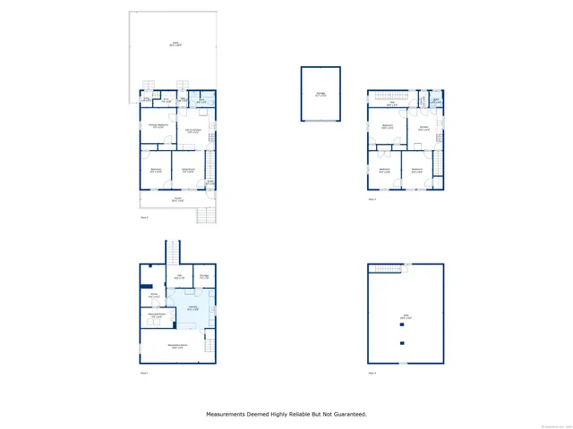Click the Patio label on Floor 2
(175, 44)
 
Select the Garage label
(321, 94)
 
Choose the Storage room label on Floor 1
(204, 277)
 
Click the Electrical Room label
(156, 315)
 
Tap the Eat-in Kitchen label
(192, 131)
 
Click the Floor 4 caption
(372, 373)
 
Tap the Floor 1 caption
(144, 373)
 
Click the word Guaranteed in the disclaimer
(346, 414)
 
